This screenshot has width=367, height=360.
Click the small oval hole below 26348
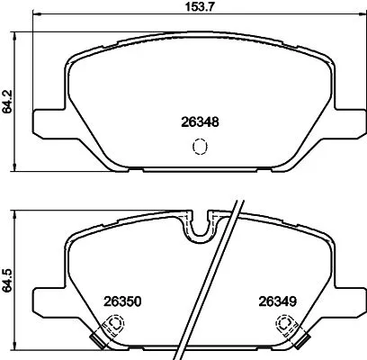point(200,146)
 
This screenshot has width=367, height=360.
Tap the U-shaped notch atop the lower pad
point(199,230)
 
